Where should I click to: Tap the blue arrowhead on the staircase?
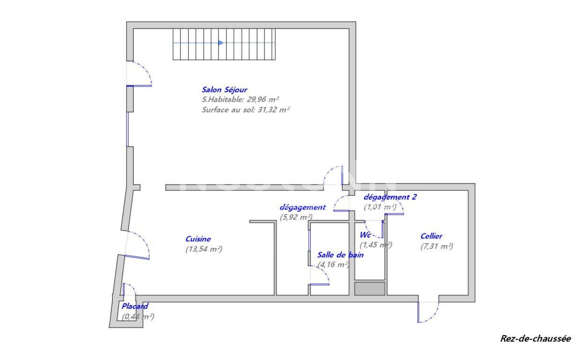(221, 43)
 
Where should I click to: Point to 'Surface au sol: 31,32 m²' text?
(245, 110)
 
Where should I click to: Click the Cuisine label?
(198, 238)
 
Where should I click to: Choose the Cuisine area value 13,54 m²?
(204, 249)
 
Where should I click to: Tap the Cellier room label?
(431, 236)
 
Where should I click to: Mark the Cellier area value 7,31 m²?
(436, 246)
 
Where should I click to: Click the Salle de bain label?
(340, 255)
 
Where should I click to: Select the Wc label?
(365, 235)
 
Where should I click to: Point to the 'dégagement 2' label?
(390, 197)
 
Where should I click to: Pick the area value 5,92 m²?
(296, 217)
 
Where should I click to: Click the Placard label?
(135, 307)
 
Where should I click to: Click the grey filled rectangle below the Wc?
(369, 289)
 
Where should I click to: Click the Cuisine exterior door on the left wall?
(137, 246)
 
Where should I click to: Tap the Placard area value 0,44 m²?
(138, 316)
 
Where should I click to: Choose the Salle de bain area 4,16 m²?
(333, 265)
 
